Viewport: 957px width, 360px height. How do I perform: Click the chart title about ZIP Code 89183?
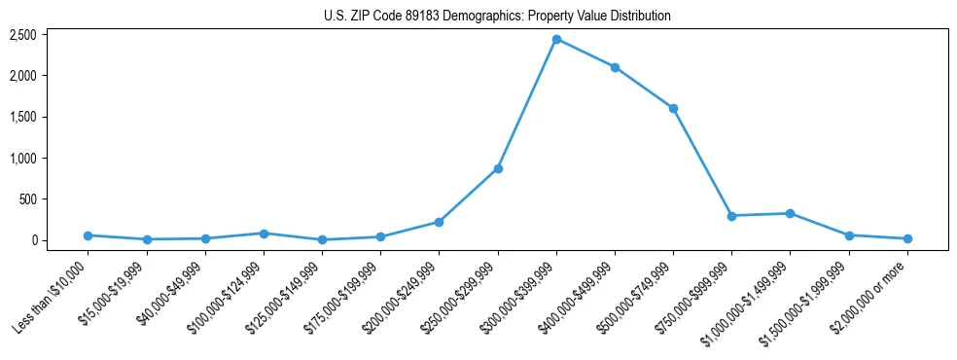[x=497, y=17]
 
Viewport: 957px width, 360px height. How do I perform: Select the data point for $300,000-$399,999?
[x=556, y=39]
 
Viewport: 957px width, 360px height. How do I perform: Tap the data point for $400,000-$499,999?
[x=615, y=67]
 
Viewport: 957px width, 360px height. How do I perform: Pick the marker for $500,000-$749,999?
[x=673, y=108]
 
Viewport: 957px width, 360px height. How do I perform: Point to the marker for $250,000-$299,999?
[x=498, y=168]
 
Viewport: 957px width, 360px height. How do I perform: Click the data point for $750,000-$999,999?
[x=731, y=216]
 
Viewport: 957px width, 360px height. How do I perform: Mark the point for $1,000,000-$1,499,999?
[x=790, y=213]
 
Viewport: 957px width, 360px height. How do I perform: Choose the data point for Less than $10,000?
[x=89, y=235]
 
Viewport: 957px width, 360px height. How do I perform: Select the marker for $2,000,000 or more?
[x=907, y=238]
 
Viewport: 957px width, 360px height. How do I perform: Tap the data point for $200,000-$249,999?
[x=440, y=222]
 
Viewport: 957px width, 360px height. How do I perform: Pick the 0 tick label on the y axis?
[x=33, y=240]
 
